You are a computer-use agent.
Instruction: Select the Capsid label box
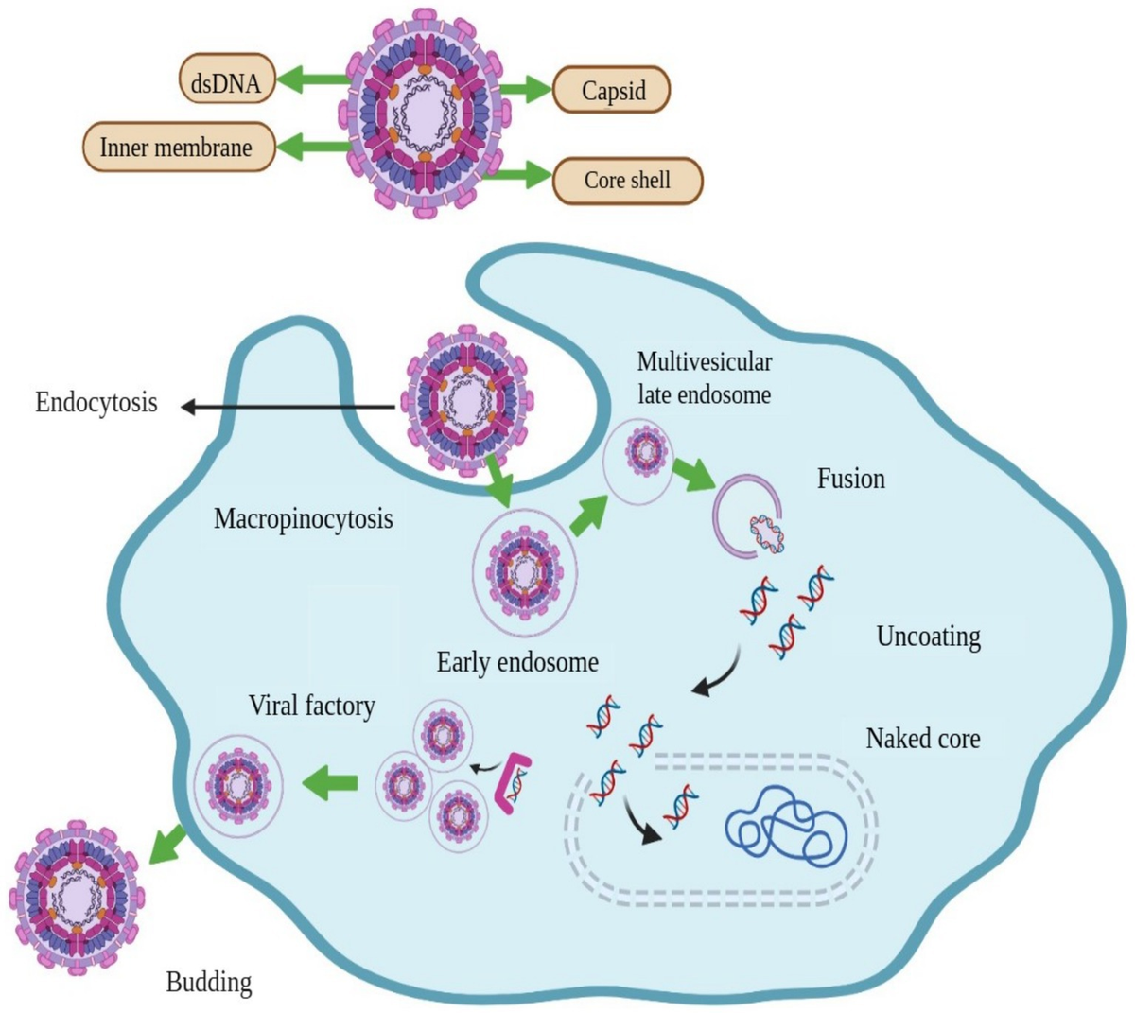pos(612,91)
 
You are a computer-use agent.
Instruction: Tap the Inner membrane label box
pos(177,148)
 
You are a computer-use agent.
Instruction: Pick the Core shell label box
pos(627,181)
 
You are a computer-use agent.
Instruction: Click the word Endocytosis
pos(96,403)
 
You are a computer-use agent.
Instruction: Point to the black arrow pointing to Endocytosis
pos(284,407)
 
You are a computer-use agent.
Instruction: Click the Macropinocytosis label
pos(303,518)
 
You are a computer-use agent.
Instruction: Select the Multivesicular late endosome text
pos(704,377)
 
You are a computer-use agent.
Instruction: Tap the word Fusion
pos(850,479)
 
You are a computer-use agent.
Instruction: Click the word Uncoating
pos(928,637)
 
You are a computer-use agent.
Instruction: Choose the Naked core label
pos(922,738)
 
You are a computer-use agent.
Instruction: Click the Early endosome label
pos(517,662)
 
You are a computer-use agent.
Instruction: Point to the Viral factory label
pos(311,706)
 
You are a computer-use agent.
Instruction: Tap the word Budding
pos(209,983)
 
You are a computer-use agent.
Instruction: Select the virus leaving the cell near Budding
pos(76,894)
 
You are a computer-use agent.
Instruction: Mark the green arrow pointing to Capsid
pos(525,90)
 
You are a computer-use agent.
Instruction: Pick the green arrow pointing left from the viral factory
pos(329,782)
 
